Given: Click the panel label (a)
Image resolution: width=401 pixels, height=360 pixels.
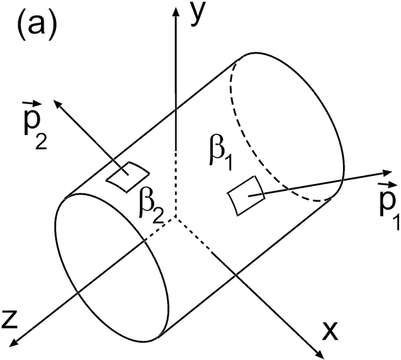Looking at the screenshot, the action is click(36, 27).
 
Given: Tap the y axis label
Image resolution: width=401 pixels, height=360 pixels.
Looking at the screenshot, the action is click(198, 14).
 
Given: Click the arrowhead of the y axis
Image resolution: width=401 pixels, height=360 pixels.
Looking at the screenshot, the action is click(176, 12).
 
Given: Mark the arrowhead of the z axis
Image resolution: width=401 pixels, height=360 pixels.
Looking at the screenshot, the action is click(14, 342).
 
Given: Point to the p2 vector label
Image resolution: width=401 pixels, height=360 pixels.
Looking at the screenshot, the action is click(35, 125).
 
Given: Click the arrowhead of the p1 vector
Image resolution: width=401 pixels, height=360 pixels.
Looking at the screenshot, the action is click(387, 172).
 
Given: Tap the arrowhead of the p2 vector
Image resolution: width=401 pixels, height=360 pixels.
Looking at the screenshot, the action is click(58, 104).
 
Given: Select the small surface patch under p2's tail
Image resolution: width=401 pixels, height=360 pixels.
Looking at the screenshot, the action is click(128, 177).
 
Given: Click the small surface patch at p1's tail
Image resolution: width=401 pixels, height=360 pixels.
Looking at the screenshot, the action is click(246, 196).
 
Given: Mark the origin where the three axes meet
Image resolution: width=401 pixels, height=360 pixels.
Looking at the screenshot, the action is click(176, 217).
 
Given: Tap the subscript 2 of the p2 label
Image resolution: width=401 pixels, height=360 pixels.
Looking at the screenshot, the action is click(41, 141).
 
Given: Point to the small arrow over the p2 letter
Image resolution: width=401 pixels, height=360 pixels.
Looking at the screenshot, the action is click(32, 104).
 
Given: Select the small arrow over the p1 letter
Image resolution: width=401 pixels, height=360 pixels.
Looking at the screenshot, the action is click(388, 184).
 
